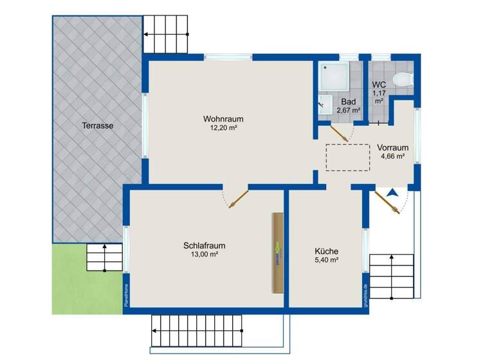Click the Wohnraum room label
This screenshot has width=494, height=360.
(223, 119)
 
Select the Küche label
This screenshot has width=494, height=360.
(326, 251)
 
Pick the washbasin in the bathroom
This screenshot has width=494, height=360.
(325, 105)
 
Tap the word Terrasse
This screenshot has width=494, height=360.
(98, 126)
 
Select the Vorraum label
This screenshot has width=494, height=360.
(392, 147)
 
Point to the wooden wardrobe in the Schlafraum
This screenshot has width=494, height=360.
(278, 252)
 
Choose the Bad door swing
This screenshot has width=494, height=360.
(341, 131)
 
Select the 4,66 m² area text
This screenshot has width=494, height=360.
(392, 156)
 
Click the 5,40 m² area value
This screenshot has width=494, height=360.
(326, 260)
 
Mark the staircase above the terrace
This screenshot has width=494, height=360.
(167, 33)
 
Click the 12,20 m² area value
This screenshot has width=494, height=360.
(223, 129)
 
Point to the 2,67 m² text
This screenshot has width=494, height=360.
(348, 110)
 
